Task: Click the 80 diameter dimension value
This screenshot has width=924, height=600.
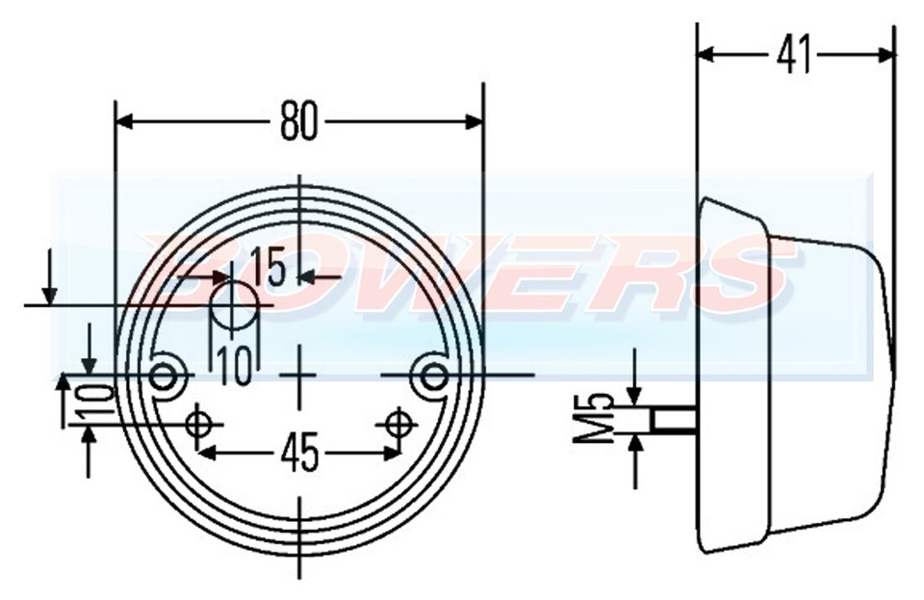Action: [298, 122]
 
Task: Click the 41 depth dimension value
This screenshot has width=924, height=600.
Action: [793, 56]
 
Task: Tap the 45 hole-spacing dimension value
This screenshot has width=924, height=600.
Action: [299, 454]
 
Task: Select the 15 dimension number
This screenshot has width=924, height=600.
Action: [269, 268]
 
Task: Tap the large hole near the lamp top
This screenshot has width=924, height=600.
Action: [234, 306]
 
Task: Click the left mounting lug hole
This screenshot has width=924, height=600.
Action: [168, 374]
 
